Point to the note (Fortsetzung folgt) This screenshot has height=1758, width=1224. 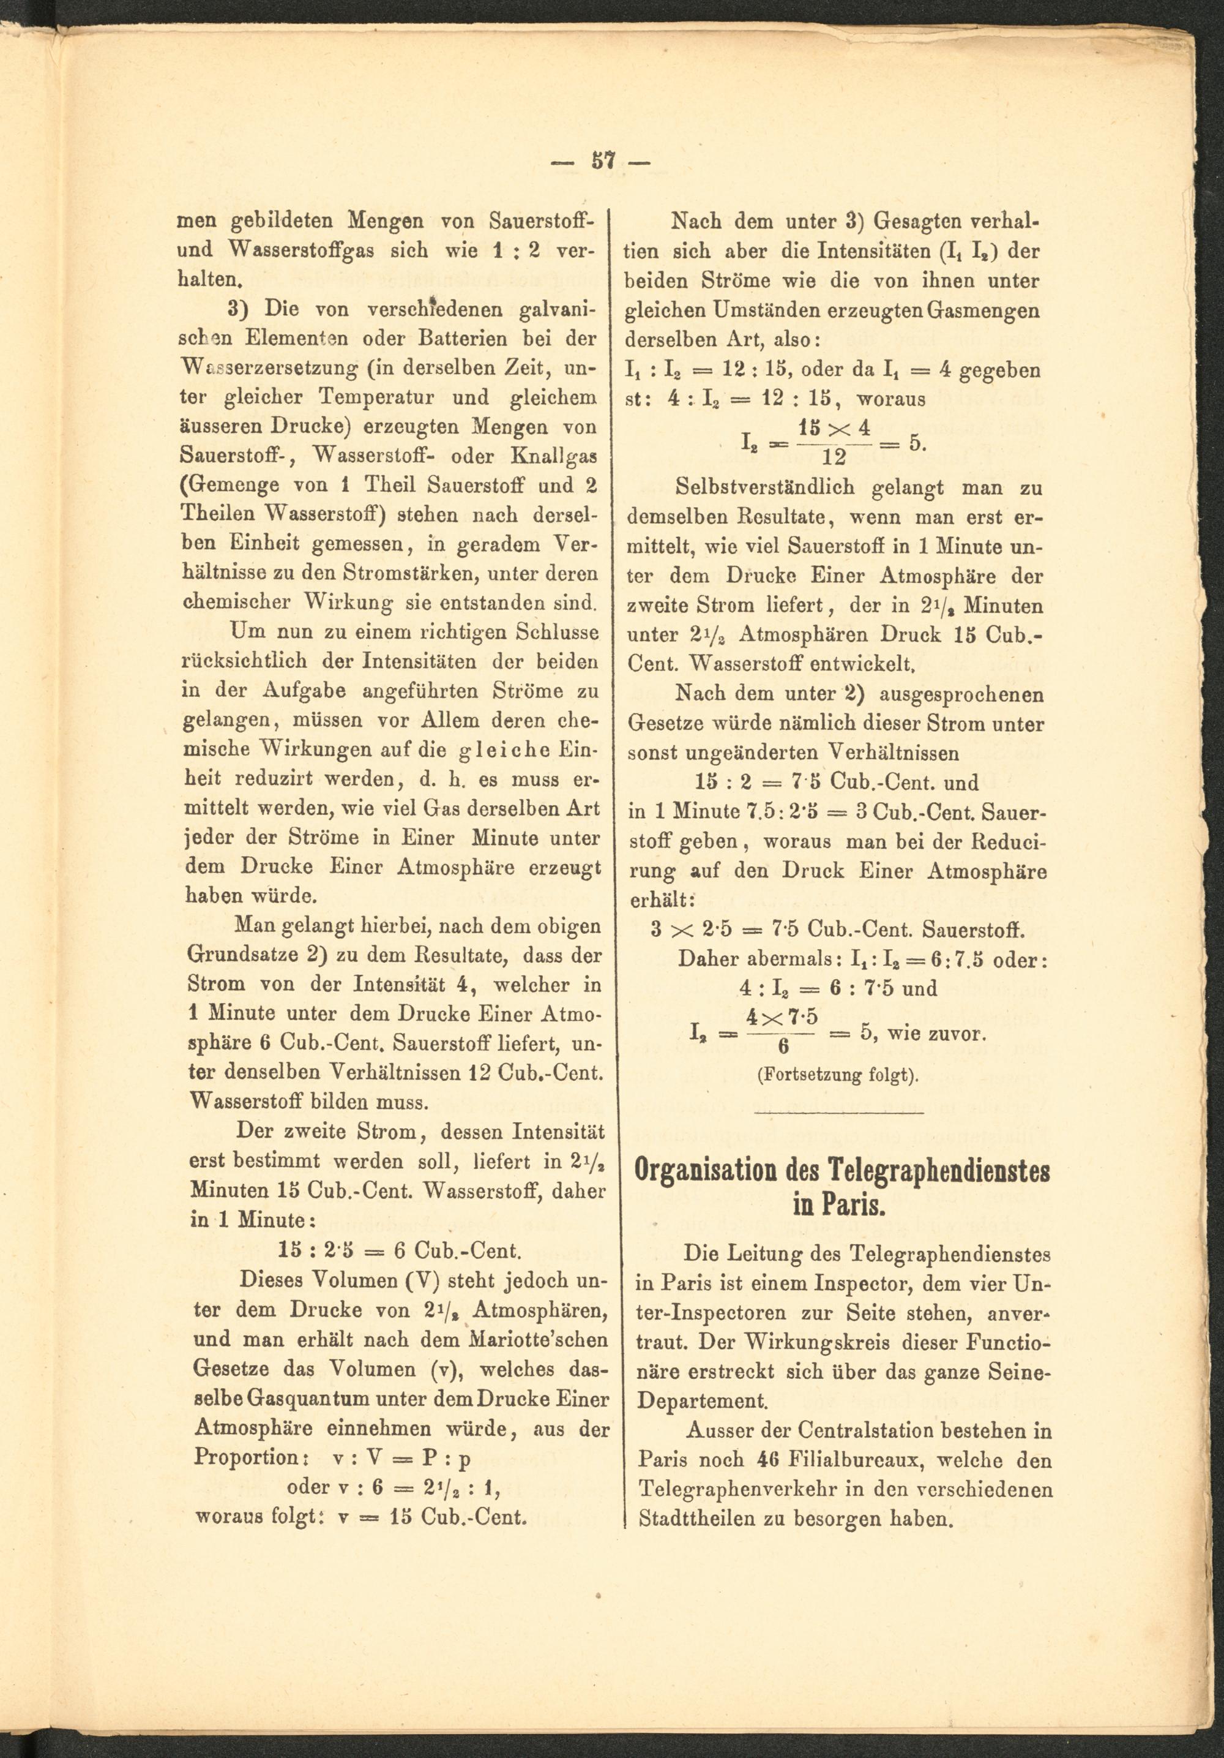pos(837,1074)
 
